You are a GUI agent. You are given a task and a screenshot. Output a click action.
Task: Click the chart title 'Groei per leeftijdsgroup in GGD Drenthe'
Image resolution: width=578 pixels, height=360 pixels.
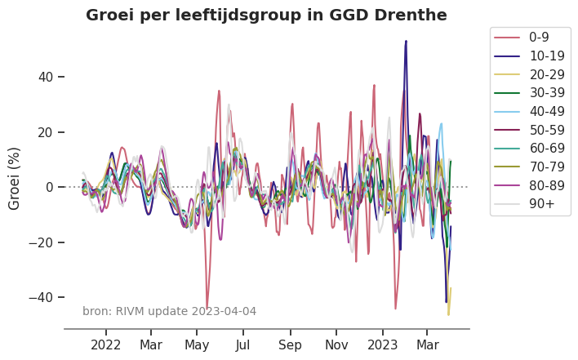coord(266,16)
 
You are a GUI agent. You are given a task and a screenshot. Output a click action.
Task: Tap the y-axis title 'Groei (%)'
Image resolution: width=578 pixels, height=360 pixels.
coord(15,178)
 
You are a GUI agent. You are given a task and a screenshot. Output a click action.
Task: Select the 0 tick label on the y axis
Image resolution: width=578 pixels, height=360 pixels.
coord(49,187)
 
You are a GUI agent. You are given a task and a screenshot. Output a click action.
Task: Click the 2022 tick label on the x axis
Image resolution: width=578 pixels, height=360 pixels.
coord(106,344)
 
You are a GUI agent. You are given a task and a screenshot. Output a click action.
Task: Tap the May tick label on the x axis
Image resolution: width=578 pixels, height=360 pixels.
coord(197,344)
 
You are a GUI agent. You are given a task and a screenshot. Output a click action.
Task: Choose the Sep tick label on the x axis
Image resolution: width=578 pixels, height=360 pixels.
coord(290,344)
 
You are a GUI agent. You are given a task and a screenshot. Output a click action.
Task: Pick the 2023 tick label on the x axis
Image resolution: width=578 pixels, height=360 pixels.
coord(382,344)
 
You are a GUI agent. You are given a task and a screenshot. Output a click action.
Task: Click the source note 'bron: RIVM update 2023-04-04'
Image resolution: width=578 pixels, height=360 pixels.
coord(169,311)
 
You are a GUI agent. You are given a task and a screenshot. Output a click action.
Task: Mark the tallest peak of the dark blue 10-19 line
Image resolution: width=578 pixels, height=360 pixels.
coord(406,41)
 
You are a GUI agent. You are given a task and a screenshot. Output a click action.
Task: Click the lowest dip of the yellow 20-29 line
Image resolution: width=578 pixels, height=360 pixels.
coord(448,314)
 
